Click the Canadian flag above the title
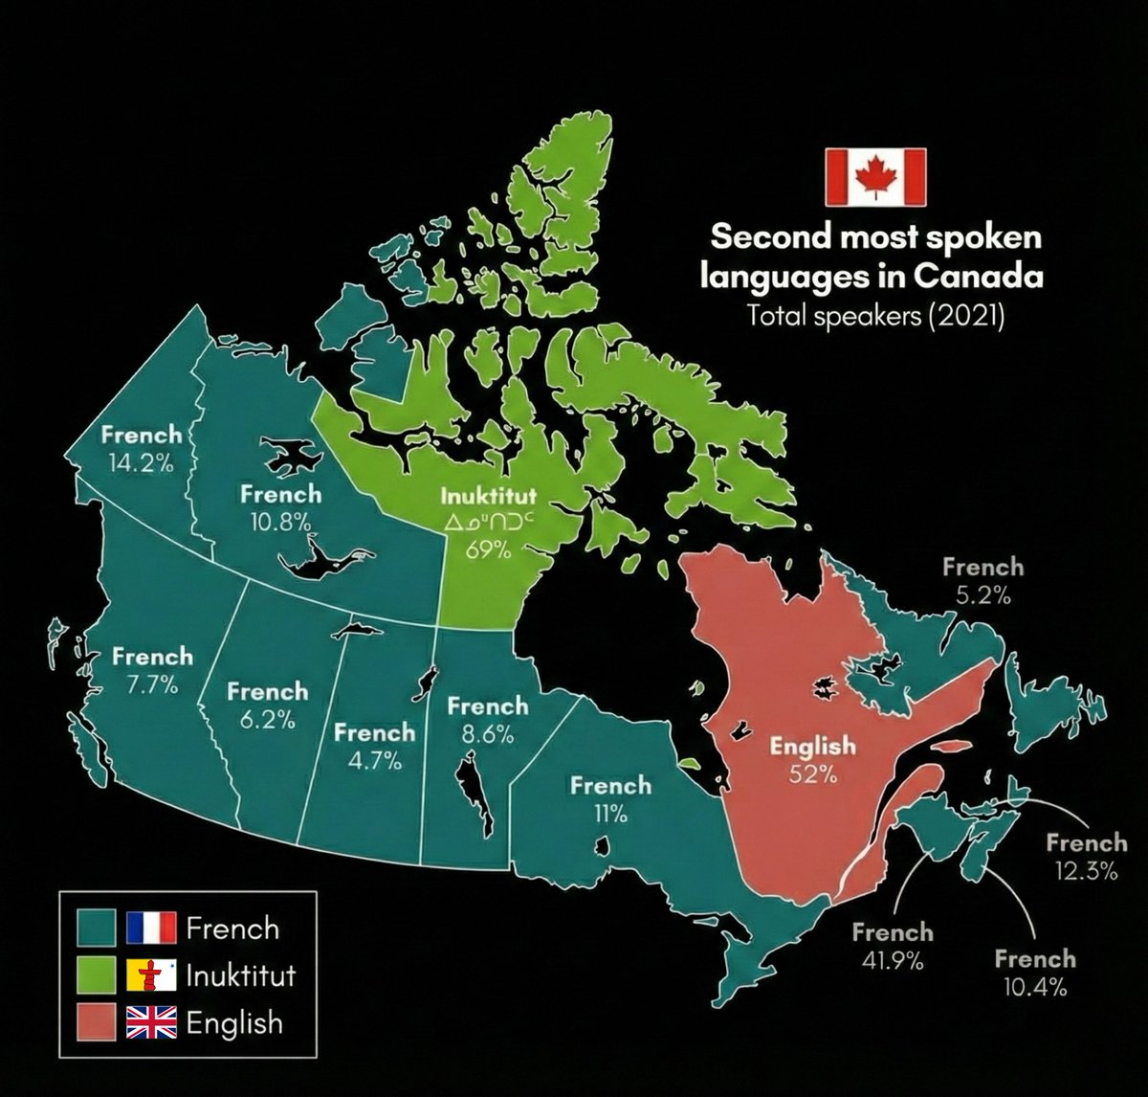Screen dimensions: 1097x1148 pyautogui.click(x=875, y=176)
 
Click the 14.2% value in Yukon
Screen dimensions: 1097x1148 pyautogui.click(x=140, y=463)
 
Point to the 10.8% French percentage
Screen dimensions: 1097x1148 pyautogui.click(x=280, y=522)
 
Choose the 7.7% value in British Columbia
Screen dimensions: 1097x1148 pyautogui.click(x=151, y=684)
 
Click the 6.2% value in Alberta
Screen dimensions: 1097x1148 pyautogui.click(x=267, y=720)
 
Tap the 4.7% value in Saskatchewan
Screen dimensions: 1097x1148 pyautogui.click(x=373, y=761)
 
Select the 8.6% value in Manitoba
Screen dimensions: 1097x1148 pyautogui.click(x=487, y=735)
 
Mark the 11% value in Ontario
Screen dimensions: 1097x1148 pyautogui.click(x=610, y=815)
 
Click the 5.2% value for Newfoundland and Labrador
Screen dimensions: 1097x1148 pyautogui.click(x=982, y=595)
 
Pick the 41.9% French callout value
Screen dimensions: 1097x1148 pyautogui.click(x=892, y=961)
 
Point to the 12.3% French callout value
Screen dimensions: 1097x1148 pyautogui.click(x=1086, y=871)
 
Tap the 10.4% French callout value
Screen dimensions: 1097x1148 pyautogui.click(x=1034, y=987)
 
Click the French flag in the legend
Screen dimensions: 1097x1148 pyautogui.click(x=151, y=928)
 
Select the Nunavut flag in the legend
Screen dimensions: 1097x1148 pyautogui.click(x=151, y=975)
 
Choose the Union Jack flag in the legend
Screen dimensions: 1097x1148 pyautogui.click(x=151, y=1022)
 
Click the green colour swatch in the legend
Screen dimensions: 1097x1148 pyautogui.click(x=97, y=975)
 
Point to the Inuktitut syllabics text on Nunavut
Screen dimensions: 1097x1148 pyautogui.click(x=488, y=524)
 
